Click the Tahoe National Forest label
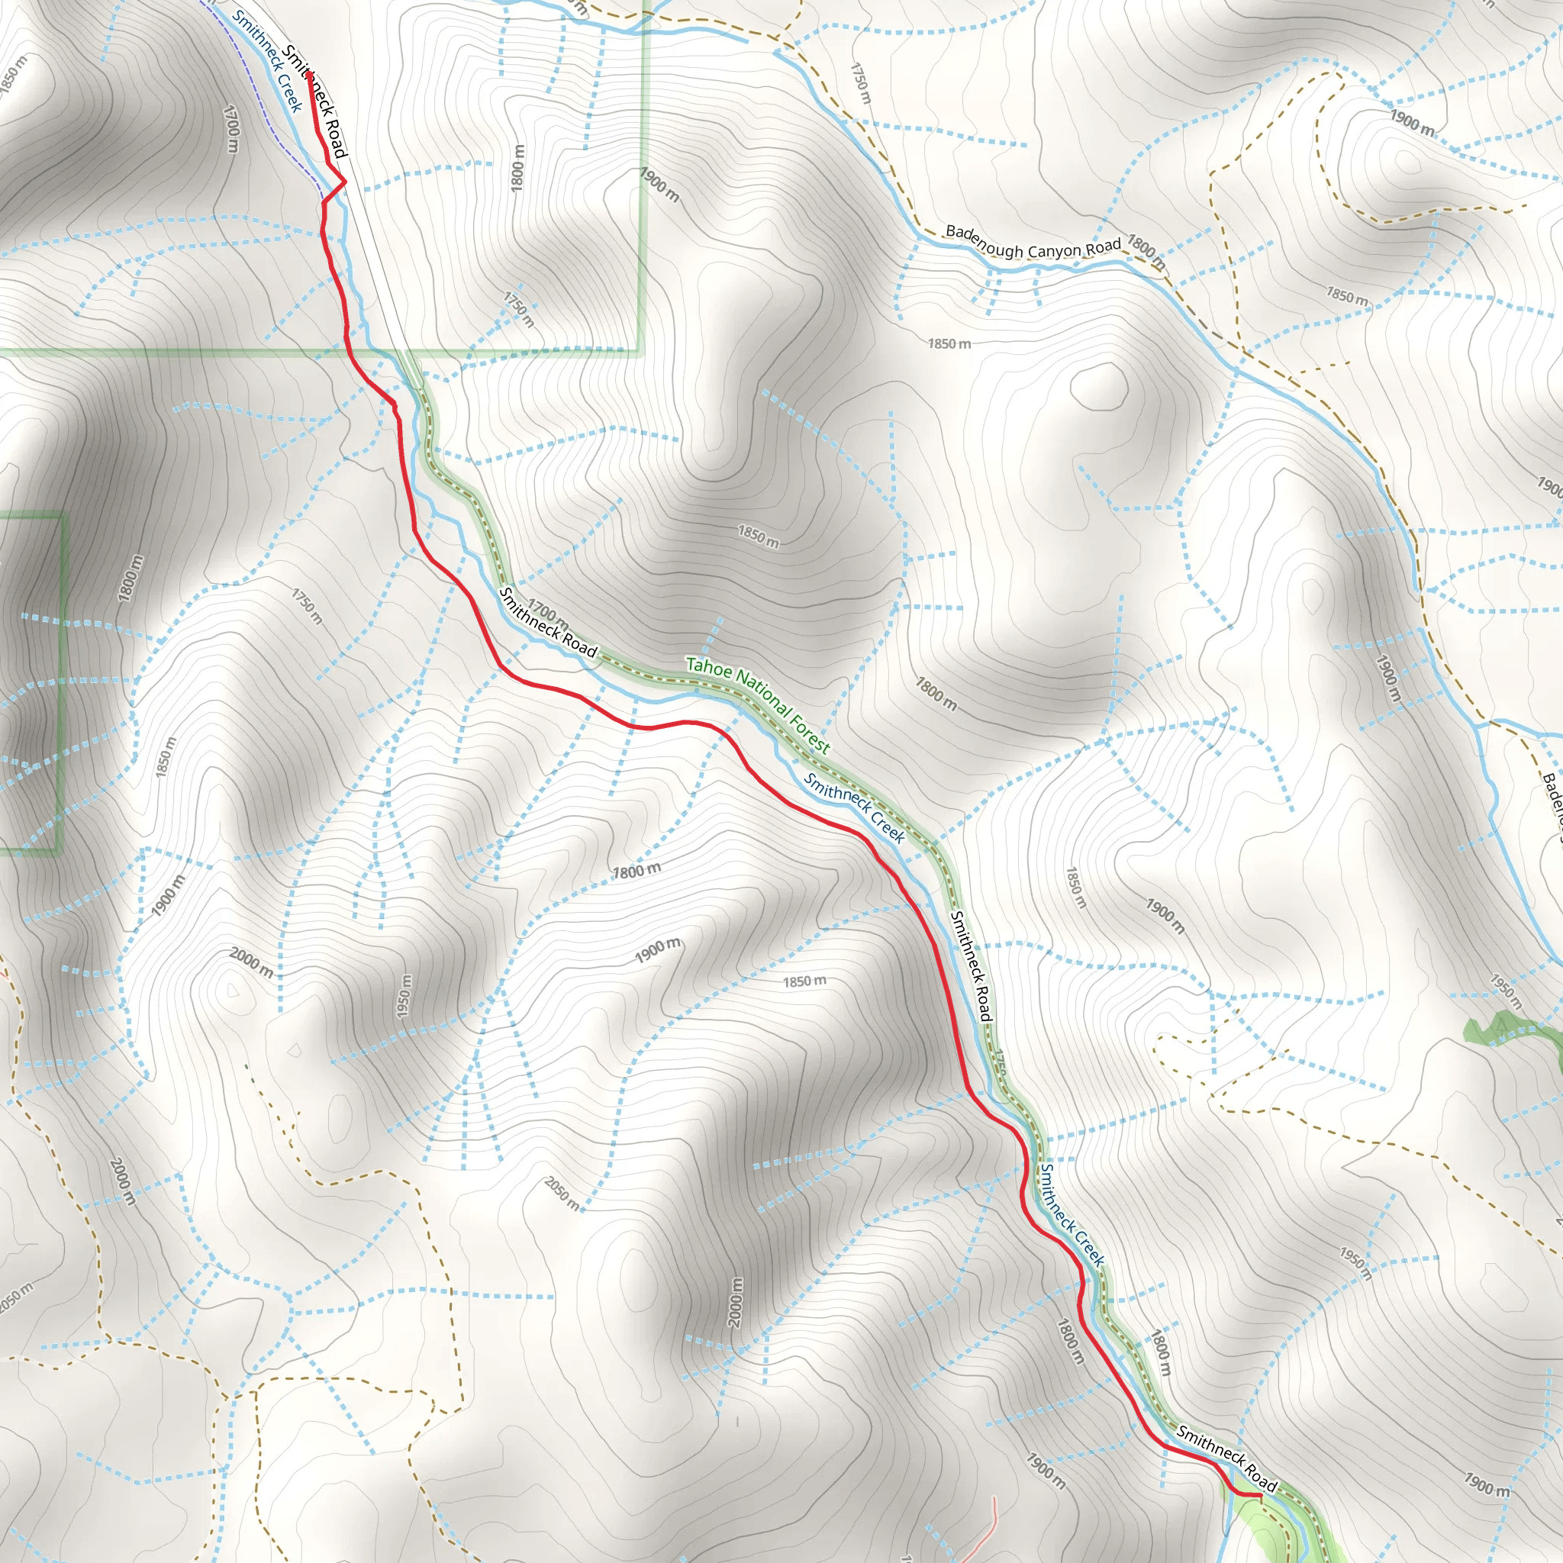pyautogui.click(x=757, y=704)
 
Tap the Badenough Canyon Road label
pyautogui.click(x=1033, y=242)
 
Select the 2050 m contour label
pyautogui.click(x=562, y=1194)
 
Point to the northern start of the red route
pyautogui.click(x=309, y=73)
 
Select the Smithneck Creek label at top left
pyautogui.click(x=267, y=61)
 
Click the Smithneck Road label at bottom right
pyautogui.click(x=1226, y=1458)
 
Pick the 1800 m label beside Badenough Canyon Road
pyautogui.click(x=1146, y=253)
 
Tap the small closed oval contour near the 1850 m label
pyautogui.click(x=1100, y=387)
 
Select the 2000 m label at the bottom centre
pyautogui.click(x=735, y=1303)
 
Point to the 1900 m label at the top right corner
pyautogui.click(x=1413, y=122)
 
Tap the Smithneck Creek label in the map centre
pyautogui.click(x=853, y=807)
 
